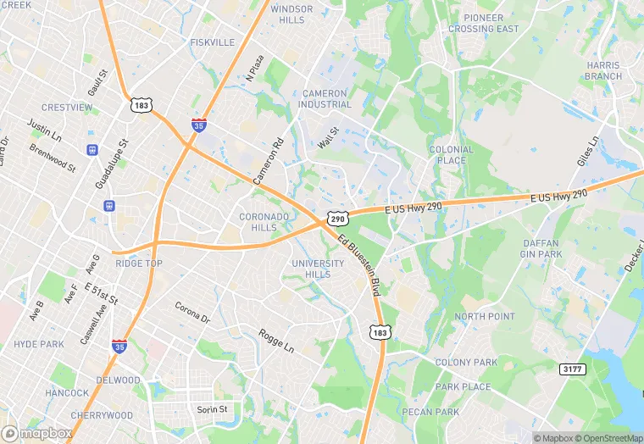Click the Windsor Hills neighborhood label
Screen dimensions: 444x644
tap(291, 14)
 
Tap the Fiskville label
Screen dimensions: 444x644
tap(212, 42)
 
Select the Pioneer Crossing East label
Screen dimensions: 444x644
tap(483, 23)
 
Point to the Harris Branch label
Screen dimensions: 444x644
tap(603, 70)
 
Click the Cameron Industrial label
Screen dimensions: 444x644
tap(324, 98)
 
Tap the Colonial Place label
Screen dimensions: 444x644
tap(451, 155)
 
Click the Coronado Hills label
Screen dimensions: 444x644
tap(264, 222)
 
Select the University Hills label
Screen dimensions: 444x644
tap(318, 269)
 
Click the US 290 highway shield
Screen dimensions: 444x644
tap(338, 219)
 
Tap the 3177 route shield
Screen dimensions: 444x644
tap(572, 368)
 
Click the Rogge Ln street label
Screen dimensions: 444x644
tap(276, 341)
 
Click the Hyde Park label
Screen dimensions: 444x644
tap(39, 344)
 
